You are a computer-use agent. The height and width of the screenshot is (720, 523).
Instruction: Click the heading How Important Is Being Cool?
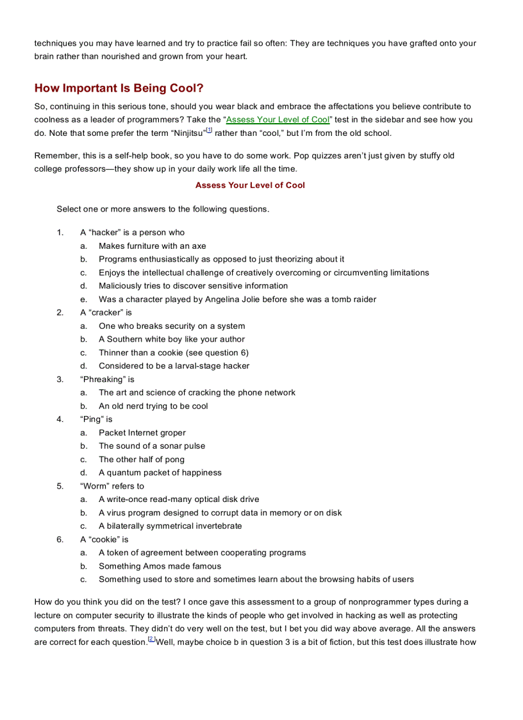[119, 88]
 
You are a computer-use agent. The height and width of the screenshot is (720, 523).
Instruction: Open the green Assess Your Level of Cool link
[278, 119]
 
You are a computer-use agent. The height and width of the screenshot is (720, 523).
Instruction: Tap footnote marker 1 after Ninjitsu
[209, 131]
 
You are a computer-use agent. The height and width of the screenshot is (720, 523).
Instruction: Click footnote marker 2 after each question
[151, 639]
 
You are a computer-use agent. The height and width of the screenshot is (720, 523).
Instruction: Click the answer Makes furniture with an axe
[152, 246]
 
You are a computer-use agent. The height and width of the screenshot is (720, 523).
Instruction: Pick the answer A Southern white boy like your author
[171, 339]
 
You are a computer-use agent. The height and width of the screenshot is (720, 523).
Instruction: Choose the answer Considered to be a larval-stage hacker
[174, 366]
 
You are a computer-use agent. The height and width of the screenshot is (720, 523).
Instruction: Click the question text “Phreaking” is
[107, 380]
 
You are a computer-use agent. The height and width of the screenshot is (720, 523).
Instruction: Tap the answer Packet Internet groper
[142, 433]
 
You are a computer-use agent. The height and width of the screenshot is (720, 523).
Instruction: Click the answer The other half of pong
[141, 459]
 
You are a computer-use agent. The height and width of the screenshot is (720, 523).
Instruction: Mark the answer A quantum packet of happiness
[160, 473]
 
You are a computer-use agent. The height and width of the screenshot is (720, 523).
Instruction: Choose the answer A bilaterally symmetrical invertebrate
[170, 526]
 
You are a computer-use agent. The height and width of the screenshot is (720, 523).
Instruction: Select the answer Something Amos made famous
[160, 566]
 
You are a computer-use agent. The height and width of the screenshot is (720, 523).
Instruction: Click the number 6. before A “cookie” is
[60, 539]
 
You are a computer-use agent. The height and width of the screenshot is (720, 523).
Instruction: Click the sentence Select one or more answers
[163, 209]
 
